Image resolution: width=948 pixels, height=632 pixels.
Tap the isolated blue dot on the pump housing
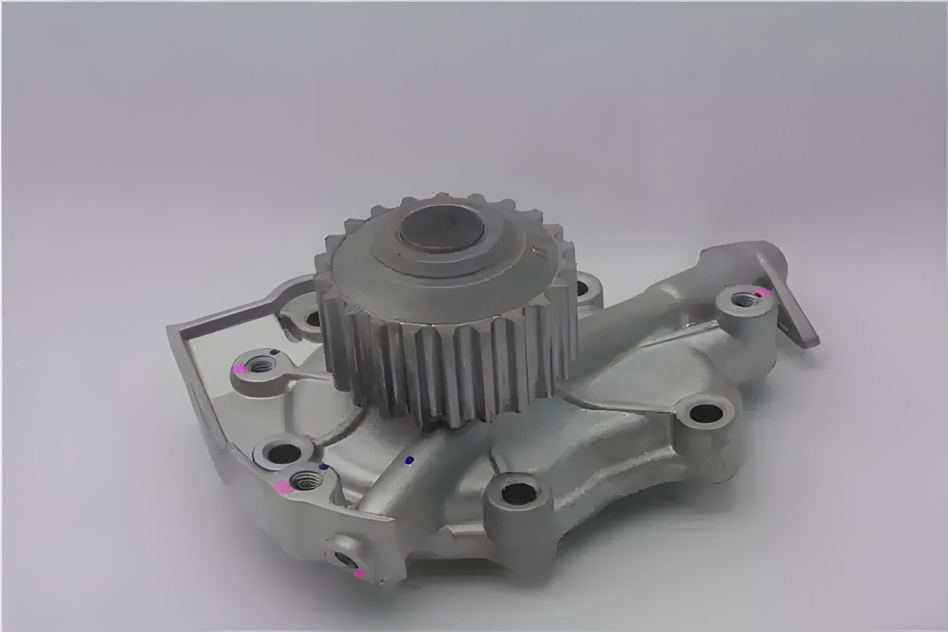tap(408, 461)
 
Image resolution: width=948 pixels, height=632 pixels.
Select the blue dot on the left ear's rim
tap(274, 352)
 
